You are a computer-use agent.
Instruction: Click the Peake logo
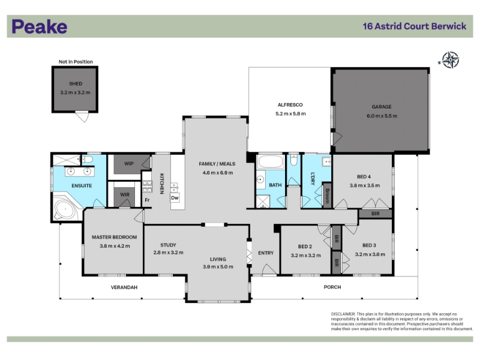click(x=40, y=26)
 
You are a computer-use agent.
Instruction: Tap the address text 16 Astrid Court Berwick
click(x=415, y=26)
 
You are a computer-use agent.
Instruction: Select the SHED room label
click(x=76, y=83)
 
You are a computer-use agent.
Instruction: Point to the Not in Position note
click(x=76, y=62)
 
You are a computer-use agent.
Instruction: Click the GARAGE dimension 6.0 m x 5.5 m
click(x=382, y=116)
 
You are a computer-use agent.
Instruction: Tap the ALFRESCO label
click(x=290, y=105)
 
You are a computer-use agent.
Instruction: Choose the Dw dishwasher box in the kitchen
click(x=175, y=198)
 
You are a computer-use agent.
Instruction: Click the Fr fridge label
click(x=147, y=200)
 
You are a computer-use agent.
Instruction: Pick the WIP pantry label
click(x=129, y=163)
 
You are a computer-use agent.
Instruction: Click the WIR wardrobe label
click(x=125, y=194)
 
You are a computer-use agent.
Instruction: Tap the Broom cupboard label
click(x=327, y=196)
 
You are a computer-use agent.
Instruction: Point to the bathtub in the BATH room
click(x=271, y=162)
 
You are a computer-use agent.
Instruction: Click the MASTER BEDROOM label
click(x=115, y=237)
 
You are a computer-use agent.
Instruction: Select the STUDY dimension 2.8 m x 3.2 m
click(x=169, y=253)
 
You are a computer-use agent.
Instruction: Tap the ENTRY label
click(x=266, y=253)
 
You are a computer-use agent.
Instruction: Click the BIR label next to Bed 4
click(x=376, y=214)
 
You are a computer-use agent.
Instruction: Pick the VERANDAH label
click(x=124, y=287)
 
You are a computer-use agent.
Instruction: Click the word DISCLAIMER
click(x=343, y=314)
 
